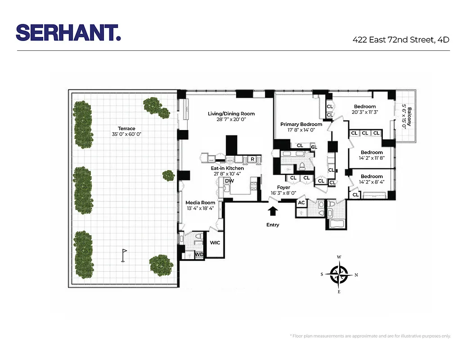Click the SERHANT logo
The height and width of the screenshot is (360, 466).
pos(68,32)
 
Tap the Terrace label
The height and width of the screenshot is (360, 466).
pos(124,128)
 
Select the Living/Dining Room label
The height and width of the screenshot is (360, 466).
pos(231,113)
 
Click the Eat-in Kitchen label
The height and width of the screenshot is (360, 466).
pos(228,168)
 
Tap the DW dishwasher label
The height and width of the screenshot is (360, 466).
pos(229,181)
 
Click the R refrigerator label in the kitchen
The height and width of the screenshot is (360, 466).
pos(252,159)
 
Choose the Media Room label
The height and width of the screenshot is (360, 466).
pos(201,202)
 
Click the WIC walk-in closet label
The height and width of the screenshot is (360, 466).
pos(215,243)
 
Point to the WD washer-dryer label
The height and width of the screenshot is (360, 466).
pos(199,254)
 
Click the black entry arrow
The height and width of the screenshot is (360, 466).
pos(273,211)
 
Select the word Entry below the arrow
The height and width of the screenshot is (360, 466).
pos(273,225)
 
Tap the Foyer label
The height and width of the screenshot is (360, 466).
pos(283,187)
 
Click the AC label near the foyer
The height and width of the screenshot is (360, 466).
pos(301,203)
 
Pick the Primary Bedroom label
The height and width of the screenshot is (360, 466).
pos(301,124)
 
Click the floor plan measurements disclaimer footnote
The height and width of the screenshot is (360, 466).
pos(370,336)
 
